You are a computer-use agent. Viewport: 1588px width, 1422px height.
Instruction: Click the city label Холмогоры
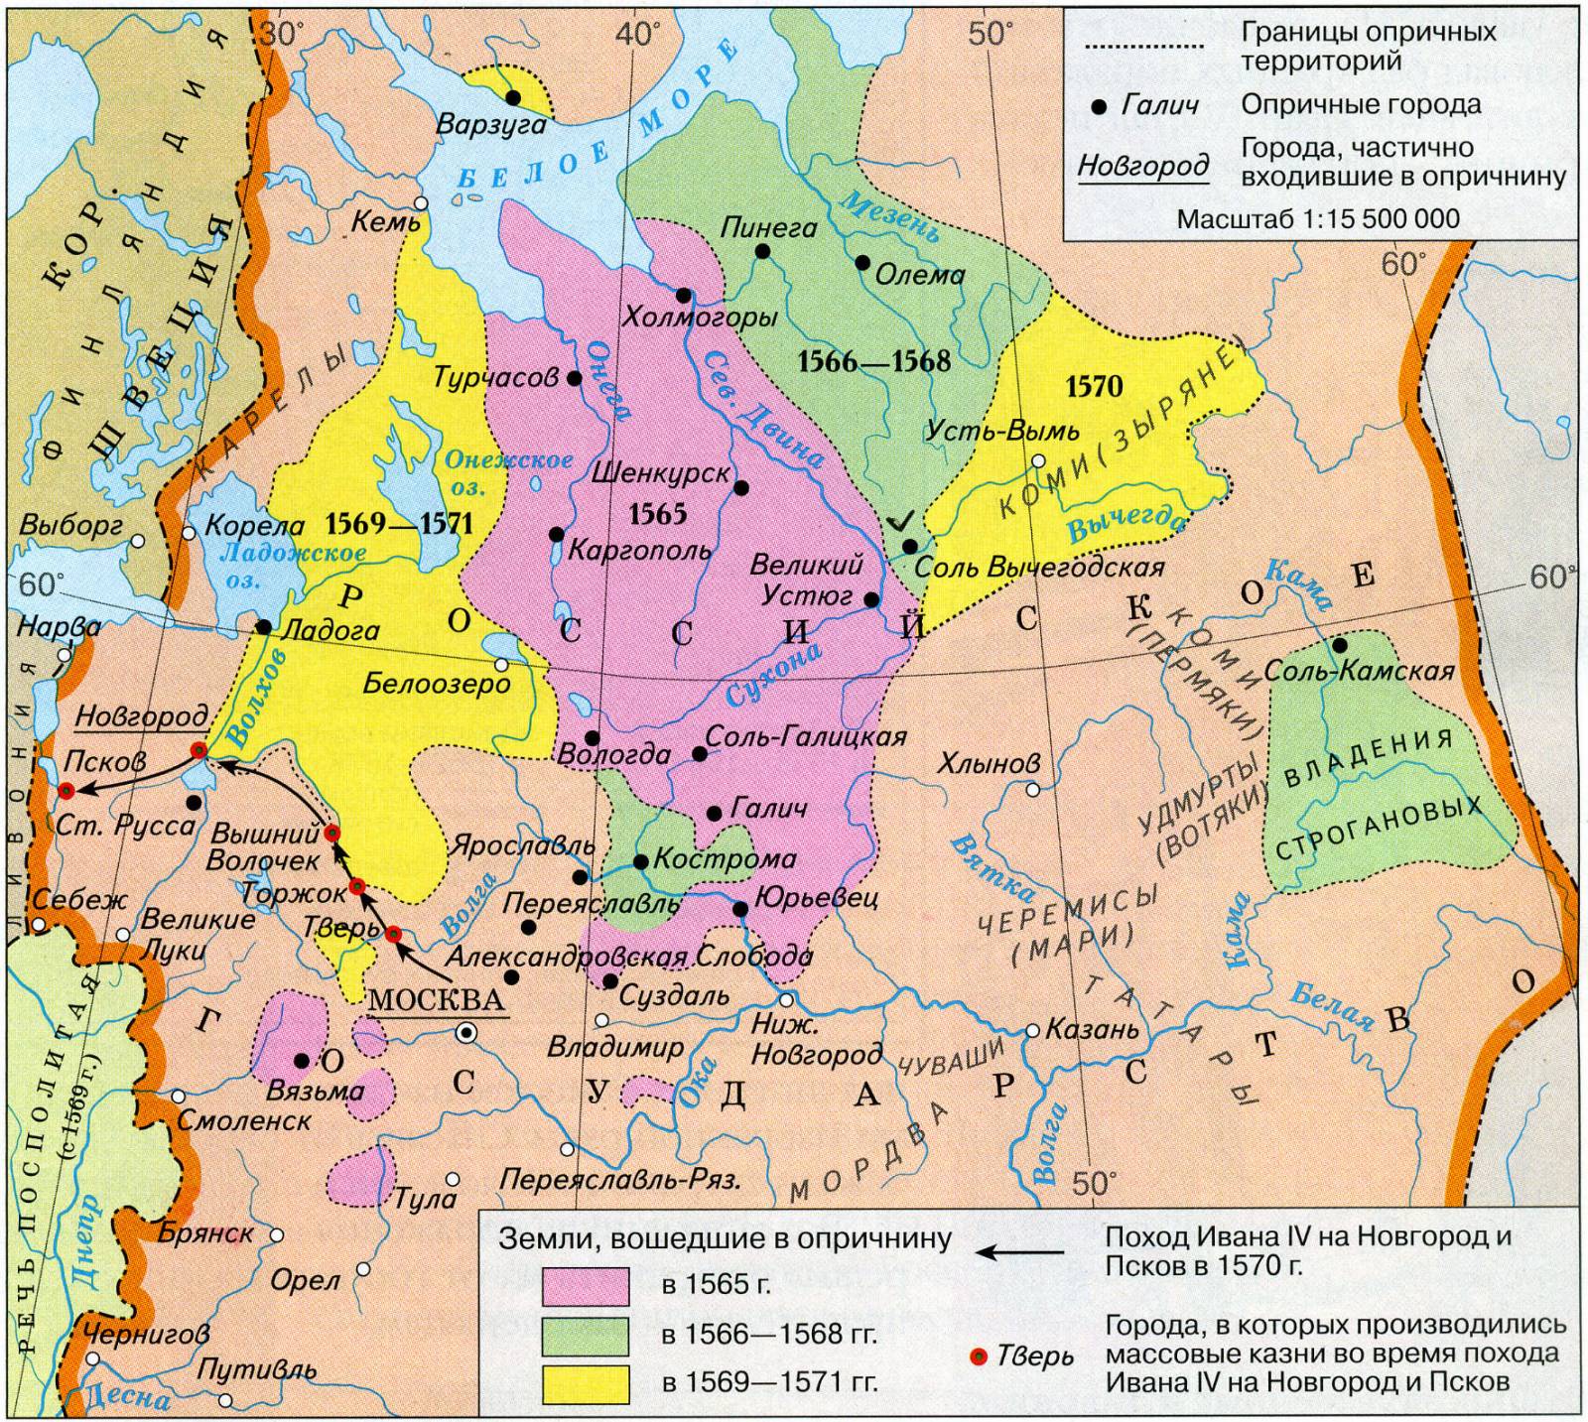tap(699, 320)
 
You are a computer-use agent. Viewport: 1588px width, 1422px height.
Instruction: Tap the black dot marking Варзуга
tap(513, 97)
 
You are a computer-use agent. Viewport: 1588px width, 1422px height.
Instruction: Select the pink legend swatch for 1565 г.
tap(586, 1285)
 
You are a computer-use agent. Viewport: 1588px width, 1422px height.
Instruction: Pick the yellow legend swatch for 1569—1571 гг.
tap(586, 1383)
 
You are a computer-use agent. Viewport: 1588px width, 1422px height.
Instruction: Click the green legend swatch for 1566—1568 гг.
tap(586, 1335)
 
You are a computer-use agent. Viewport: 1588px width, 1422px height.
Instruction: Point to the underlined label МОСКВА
tap(437, 998)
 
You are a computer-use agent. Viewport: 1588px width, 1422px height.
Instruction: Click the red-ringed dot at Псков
tap(66, 791)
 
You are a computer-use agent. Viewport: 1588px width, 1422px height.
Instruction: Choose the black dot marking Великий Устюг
tap(870, 599)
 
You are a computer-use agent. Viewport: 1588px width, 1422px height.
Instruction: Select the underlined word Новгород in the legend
tap(1143, 165)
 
